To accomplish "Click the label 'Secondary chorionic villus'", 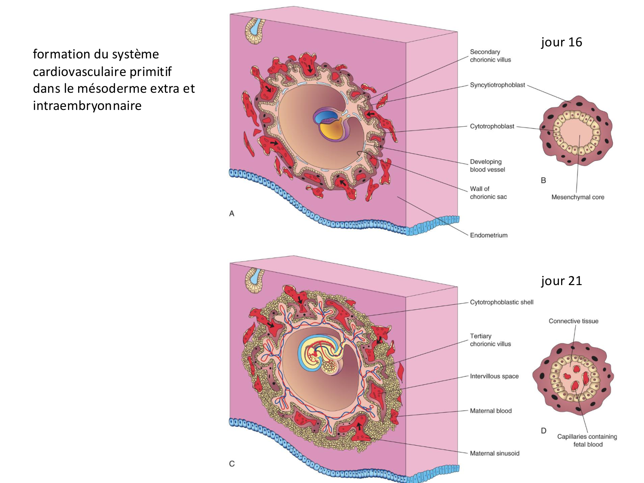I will click(490, 56).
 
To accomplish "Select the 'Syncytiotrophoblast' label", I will click(497, 85).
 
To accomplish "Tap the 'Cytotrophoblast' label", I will click(492, 126).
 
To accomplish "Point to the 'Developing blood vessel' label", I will click(487, 166).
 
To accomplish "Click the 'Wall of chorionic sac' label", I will click(488, 193).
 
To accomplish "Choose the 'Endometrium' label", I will click(489, 235).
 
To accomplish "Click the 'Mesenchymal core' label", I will click(577, 197).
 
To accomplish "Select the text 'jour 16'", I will click(561, 42).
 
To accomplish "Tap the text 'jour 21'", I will click(561, 281).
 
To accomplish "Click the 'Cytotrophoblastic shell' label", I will click(501, 302).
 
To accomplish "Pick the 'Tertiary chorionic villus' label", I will click(490, 340).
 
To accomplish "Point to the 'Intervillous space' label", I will click(494, 377).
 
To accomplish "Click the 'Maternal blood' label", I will click(491, 411).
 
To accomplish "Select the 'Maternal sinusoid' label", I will click(495, 453).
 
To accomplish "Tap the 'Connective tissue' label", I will click(573, 321).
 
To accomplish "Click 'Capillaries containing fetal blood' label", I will click(587, 440).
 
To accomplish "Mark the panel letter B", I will click(544, 180).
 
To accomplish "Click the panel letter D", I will click(544, 431).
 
